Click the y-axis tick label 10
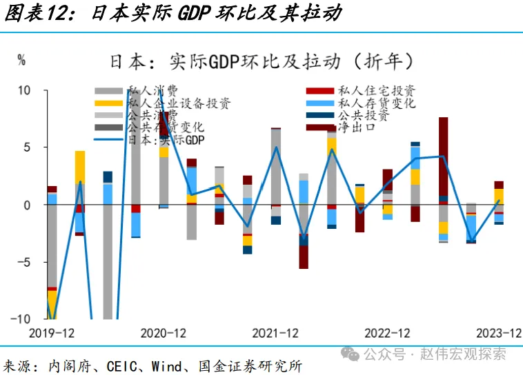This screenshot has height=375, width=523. point(24,90)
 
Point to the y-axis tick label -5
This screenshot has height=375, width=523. point(24,262)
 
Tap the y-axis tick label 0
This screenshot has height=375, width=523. point(27,205)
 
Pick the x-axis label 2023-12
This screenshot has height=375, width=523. point(499,333)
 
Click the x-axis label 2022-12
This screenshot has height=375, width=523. point(387,333)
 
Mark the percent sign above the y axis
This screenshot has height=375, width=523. point(21,61)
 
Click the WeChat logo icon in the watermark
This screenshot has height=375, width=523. point(353,354)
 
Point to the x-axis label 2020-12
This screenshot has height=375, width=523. point(163,333)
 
